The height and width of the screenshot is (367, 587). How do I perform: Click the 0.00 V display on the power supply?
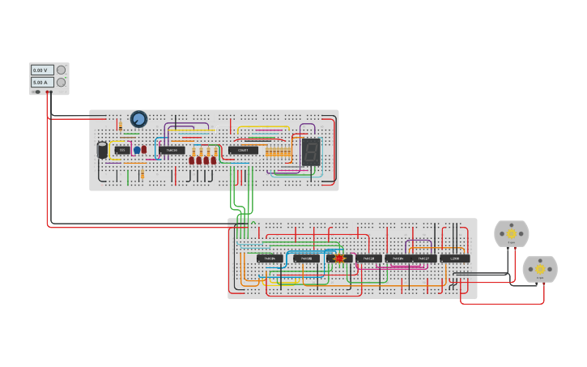[42, 70]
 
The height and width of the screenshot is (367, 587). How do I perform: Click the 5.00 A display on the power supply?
[42, 82]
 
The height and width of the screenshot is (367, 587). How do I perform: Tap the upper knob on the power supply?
[61, 70]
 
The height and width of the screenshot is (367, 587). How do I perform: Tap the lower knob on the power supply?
[61, 82]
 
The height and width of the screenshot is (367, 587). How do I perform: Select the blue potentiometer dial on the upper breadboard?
[138, 119]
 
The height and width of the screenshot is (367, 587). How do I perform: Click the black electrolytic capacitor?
[103, 150]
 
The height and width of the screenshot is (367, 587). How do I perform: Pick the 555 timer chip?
[122, 150]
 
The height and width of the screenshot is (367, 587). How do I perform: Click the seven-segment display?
[311, 151]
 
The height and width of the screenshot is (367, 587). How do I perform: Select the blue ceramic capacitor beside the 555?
[137, 150]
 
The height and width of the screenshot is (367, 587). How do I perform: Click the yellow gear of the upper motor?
[511, 233]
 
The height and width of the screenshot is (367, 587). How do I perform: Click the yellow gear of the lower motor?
[540, 269]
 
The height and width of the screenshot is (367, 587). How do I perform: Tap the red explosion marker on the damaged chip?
[339, 258]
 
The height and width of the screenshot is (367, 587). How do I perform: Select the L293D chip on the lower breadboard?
[455, 258]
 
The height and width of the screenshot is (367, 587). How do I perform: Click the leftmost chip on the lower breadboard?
[270, 258]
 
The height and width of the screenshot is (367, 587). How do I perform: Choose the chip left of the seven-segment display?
[243, 150]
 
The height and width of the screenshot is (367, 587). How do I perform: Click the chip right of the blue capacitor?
[172, 150]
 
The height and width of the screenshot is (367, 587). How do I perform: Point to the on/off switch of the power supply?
[37, 92]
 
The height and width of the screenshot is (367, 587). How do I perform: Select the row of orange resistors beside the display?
[278, 151]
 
